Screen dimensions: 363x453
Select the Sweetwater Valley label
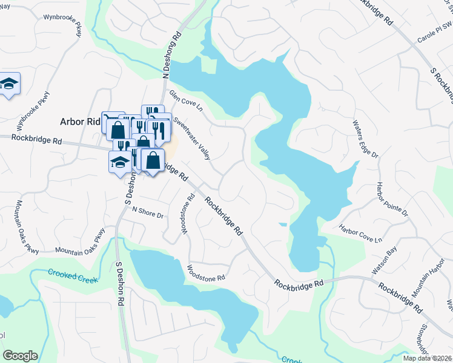(x=192, y=137)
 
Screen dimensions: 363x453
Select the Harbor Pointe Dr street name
(x=392, y=199)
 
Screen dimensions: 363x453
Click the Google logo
(x=20, y=356)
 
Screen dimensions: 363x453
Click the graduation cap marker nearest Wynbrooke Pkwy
(x=8, y=83)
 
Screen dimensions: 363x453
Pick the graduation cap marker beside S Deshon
(x=119, y=162)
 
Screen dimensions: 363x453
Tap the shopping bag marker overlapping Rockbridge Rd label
(x=154, y=160)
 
